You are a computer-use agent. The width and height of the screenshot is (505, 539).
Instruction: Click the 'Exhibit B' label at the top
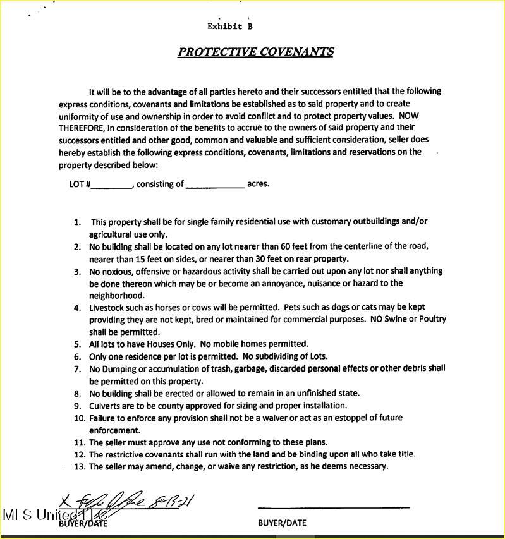click(x=230, y=27)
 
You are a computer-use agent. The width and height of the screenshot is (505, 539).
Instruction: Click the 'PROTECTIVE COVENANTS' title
click(x=255, y=52)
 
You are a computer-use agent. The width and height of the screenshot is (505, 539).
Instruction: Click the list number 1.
click(x=77, y=222)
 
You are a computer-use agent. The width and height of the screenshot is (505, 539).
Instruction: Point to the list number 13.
click(x=79, y=466)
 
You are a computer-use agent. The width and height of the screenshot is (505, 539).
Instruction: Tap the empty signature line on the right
click(x=333, y=506)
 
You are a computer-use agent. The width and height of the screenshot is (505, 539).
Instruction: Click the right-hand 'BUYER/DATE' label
click(x=282, y=523)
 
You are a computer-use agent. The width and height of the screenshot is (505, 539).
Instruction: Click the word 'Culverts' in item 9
click(x=105, y=406)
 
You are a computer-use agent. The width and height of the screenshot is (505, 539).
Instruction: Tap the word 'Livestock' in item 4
click(x=107, y=308)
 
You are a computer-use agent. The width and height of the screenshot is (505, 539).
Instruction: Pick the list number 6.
click(x=77, y=356)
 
